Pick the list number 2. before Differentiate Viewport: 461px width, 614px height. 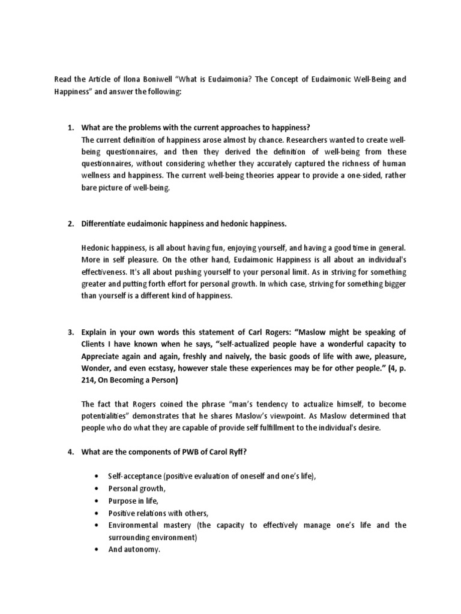(x=70, y=224)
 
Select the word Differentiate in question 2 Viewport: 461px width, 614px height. (x=104, y=224)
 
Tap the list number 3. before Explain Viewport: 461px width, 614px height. (x=70, y=332)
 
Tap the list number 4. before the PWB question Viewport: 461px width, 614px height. (x=70, y=452)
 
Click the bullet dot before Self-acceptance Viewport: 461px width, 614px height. (x=97, y=476)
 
